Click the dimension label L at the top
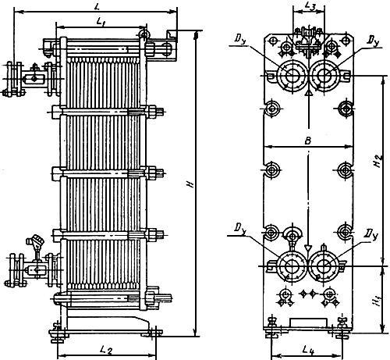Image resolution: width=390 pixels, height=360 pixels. (97, 7)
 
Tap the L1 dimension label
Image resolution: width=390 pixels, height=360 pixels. (101, 22)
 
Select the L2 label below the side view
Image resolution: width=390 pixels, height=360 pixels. (106, 351)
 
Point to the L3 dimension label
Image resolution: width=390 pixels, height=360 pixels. (310, 7)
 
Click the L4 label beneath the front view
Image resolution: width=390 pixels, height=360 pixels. (308, 351)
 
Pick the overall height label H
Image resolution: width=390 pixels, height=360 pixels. (191, 184)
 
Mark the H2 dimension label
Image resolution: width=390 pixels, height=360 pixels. (379, 162)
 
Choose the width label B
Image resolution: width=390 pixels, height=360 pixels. (308, 141)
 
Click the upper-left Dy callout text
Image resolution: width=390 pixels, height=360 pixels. (240, 39)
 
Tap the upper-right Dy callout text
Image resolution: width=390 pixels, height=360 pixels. (373, 40)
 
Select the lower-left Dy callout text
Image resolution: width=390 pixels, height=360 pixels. (240, 228)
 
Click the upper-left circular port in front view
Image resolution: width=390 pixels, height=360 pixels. (291, 76)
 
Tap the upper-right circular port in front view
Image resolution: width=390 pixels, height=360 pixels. (324, 76)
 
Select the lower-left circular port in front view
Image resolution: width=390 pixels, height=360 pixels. (292, 266)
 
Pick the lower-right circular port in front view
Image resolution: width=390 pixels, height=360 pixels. (324, 266)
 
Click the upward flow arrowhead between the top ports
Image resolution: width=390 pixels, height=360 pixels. (308, 93)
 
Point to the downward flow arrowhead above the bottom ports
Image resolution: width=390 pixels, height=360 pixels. (308, 248)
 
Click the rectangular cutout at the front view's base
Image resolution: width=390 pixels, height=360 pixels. (308, 322)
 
